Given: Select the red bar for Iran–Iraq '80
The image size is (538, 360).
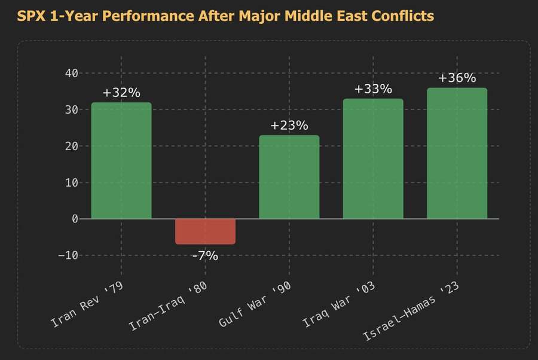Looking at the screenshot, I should point(205,231).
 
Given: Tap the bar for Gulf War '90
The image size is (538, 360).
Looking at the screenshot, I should point(289,177).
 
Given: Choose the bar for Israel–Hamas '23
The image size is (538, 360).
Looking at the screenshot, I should point(457,153).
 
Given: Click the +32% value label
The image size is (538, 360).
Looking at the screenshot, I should point(121,93).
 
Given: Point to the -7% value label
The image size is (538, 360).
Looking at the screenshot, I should point(205,256).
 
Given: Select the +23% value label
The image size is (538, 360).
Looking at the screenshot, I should point(289,126).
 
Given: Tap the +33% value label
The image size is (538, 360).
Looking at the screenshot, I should point(373,89).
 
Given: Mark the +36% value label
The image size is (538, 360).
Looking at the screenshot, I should point(457,78).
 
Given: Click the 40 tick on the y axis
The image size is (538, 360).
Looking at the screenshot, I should point(71,74).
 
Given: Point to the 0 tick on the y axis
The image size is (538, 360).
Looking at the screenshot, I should point(75,219).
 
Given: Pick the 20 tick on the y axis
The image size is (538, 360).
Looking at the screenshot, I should point(71,147).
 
